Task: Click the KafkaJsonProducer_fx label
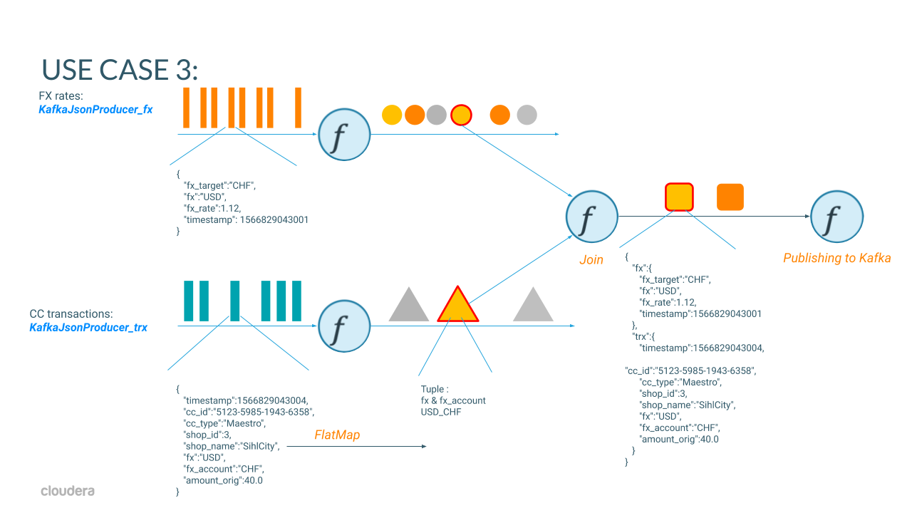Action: coord(95,110)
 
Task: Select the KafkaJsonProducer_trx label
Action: coord(88,328)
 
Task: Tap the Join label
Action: coord(591,259)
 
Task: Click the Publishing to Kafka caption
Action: coord(836,258)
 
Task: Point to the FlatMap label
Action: coord(337,435)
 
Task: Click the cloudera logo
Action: coord(68,491)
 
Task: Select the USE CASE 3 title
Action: coord(119,68)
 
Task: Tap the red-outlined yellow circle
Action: coord(462,114)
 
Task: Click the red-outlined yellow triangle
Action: coord(457,306)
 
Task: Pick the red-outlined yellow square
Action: coord(679,197)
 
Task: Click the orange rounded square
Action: coord(730,197)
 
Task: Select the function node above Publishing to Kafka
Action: coord(836,217)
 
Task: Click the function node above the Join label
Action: coord(591,217)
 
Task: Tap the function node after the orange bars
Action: coord(344,134)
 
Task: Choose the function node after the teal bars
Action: coord(344,326)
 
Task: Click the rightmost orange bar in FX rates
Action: coord(298,108)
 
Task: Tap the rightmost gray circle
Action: coord(527,114)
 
